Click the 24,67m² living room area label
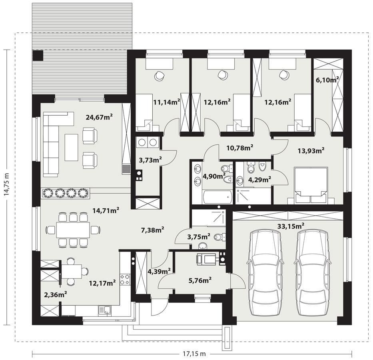[99, 117]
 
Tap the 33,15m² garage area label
[291, 226]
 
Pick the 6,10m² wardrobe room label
[327, 80]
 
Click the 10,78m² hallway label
[241, 148]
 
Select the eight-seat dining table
[73, 230]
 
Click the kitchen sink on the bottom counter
[106, 309]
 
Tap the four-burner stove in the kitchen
[125, 279]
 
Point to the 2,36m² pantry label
[55, 295]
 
